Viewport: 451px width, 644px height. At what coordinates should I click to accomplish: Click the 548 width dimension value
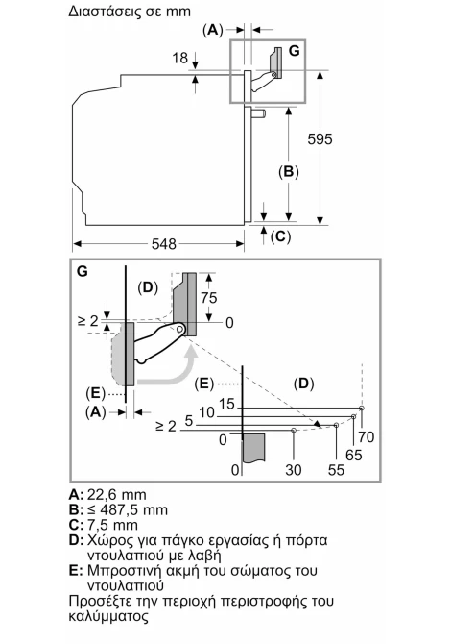coord(163,244)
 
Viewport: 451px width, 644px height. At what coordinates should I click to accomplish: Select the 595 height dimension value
coord(320,139)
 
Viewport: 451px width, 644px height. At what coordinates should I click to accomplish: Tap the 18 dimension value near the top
coord(180,58)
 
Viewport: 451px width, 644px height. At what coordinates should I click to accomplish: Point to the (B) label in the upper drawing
coord(289,172)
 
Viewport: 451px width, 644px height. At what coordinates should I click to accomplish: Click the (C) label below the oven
coord(280,236)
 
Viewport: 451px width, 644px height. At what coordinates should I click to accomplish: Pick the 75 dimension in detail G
coord(208,297)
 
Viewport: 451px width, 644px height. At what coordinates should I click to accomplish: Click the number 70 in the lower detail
coord(367,436)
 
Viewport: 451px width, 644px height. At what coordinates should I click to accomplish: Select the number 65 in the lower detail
coord(353,455)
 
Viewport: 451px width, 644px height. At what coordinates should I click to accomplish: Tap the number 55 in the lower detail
coord(336,470)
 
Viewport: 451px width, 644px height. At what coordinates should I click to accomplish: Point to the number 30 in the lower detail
coord(294,470)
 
